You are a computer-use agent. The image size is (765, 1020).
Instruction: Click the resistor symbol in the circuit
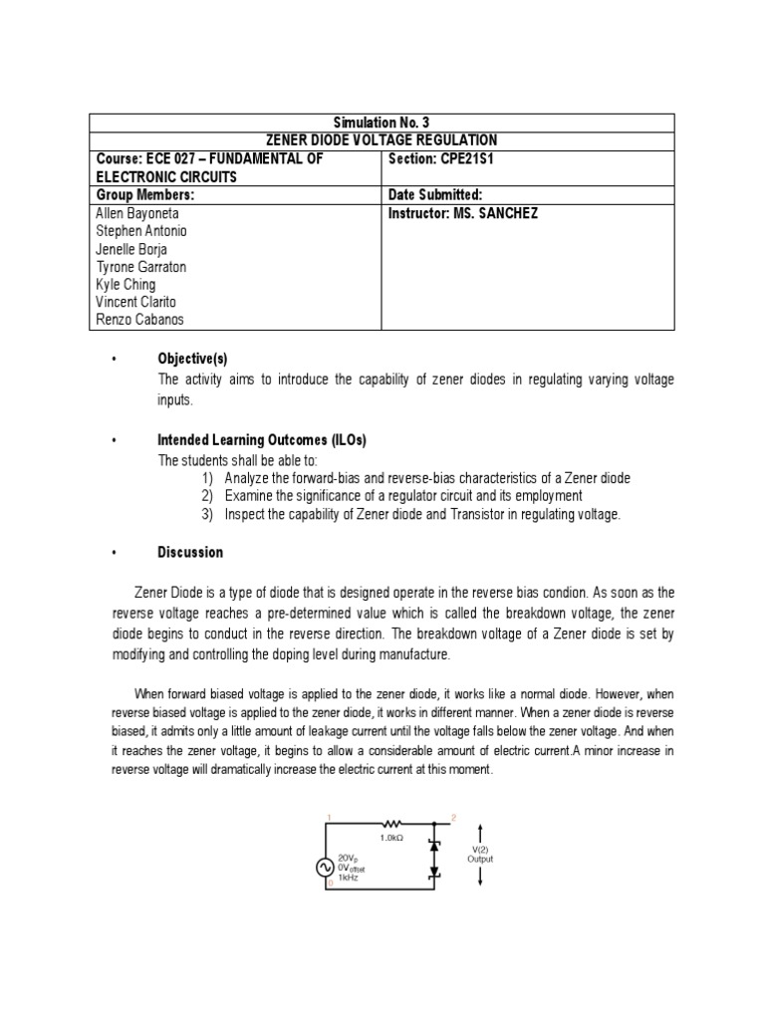[390, 825]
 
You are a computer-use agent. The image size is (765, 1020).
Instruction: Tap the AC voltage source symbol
[325, 867]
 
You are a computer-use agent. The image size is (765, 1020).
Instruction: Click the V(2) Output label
[480, 854]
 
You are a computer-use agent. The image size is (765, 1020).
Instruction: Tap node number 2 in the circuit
[454, 817]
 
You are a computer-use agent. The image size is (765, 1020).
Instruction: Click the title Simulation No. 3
[382, 123]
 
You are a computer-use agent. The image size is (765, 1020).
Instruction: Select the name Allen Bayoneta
[140, 213]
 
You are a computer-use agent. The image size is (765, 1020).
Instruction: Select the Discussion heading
[190, 552]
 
